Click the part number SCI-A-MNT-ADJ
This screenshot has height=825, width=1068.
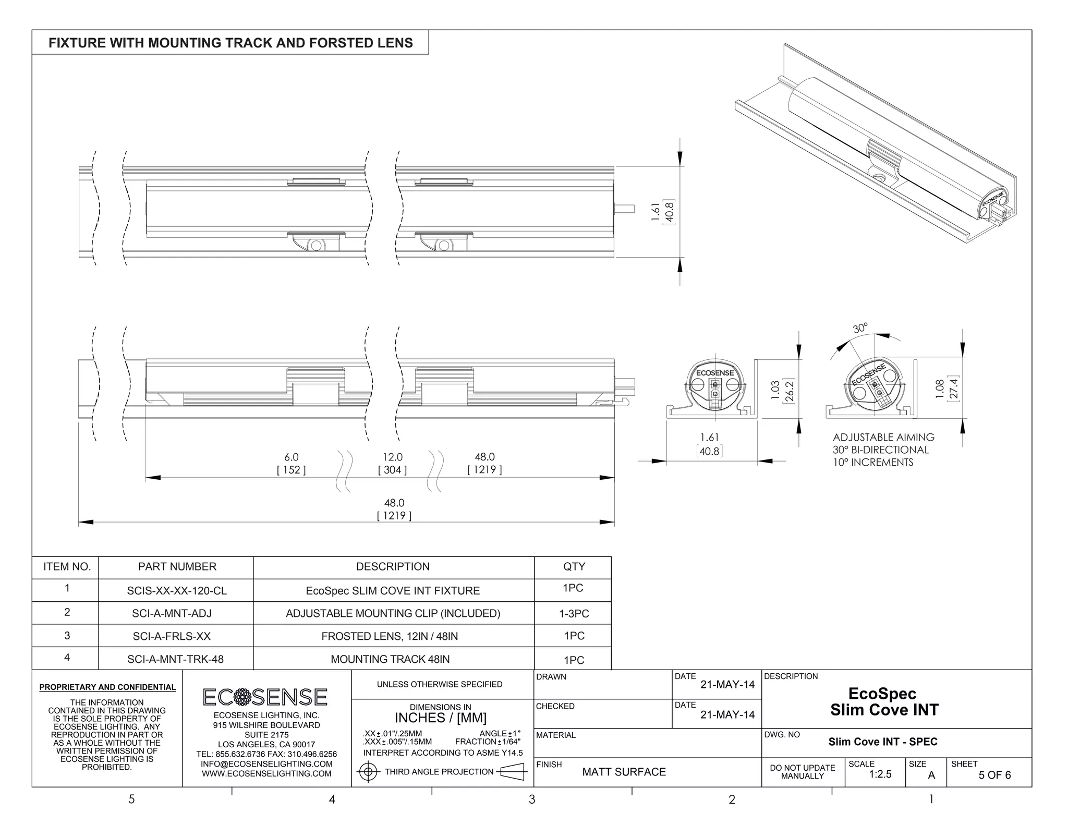[172, 613]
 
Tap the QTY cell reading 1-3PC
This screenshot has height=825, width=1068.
[574, 614]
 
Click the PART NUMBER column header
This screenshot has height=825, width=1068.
[177, 567]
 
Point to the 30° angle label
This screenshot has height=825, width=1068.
[860, 328]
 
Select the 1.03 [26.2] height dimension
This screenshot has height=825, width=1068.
[782, 391]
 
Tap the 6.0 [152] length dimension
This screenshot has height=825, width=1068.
[291, 463]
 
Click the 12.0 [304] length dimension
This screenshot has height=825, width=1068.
[392, 463]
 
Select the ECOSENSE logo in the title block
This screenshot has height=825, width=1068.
[265, 697]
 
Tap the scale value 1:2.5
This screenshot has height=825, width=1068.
[880, 774]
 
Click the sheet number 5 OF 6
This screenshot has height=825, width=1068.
[994, 775]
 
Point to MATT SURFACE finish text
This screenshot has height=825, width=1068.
[624, 772]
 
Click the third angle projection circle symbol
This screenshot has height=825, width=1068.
[369, 772]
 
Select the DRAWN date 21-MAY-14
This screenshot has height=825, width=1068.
[727, 685]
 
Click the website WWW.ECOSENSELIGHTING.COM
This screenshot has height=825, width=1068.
[266, 774]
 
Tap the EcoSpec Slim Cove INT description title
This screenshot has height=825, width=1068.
[884, 701]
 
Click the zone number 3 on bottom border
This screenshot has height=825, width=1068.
[531, 799]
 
